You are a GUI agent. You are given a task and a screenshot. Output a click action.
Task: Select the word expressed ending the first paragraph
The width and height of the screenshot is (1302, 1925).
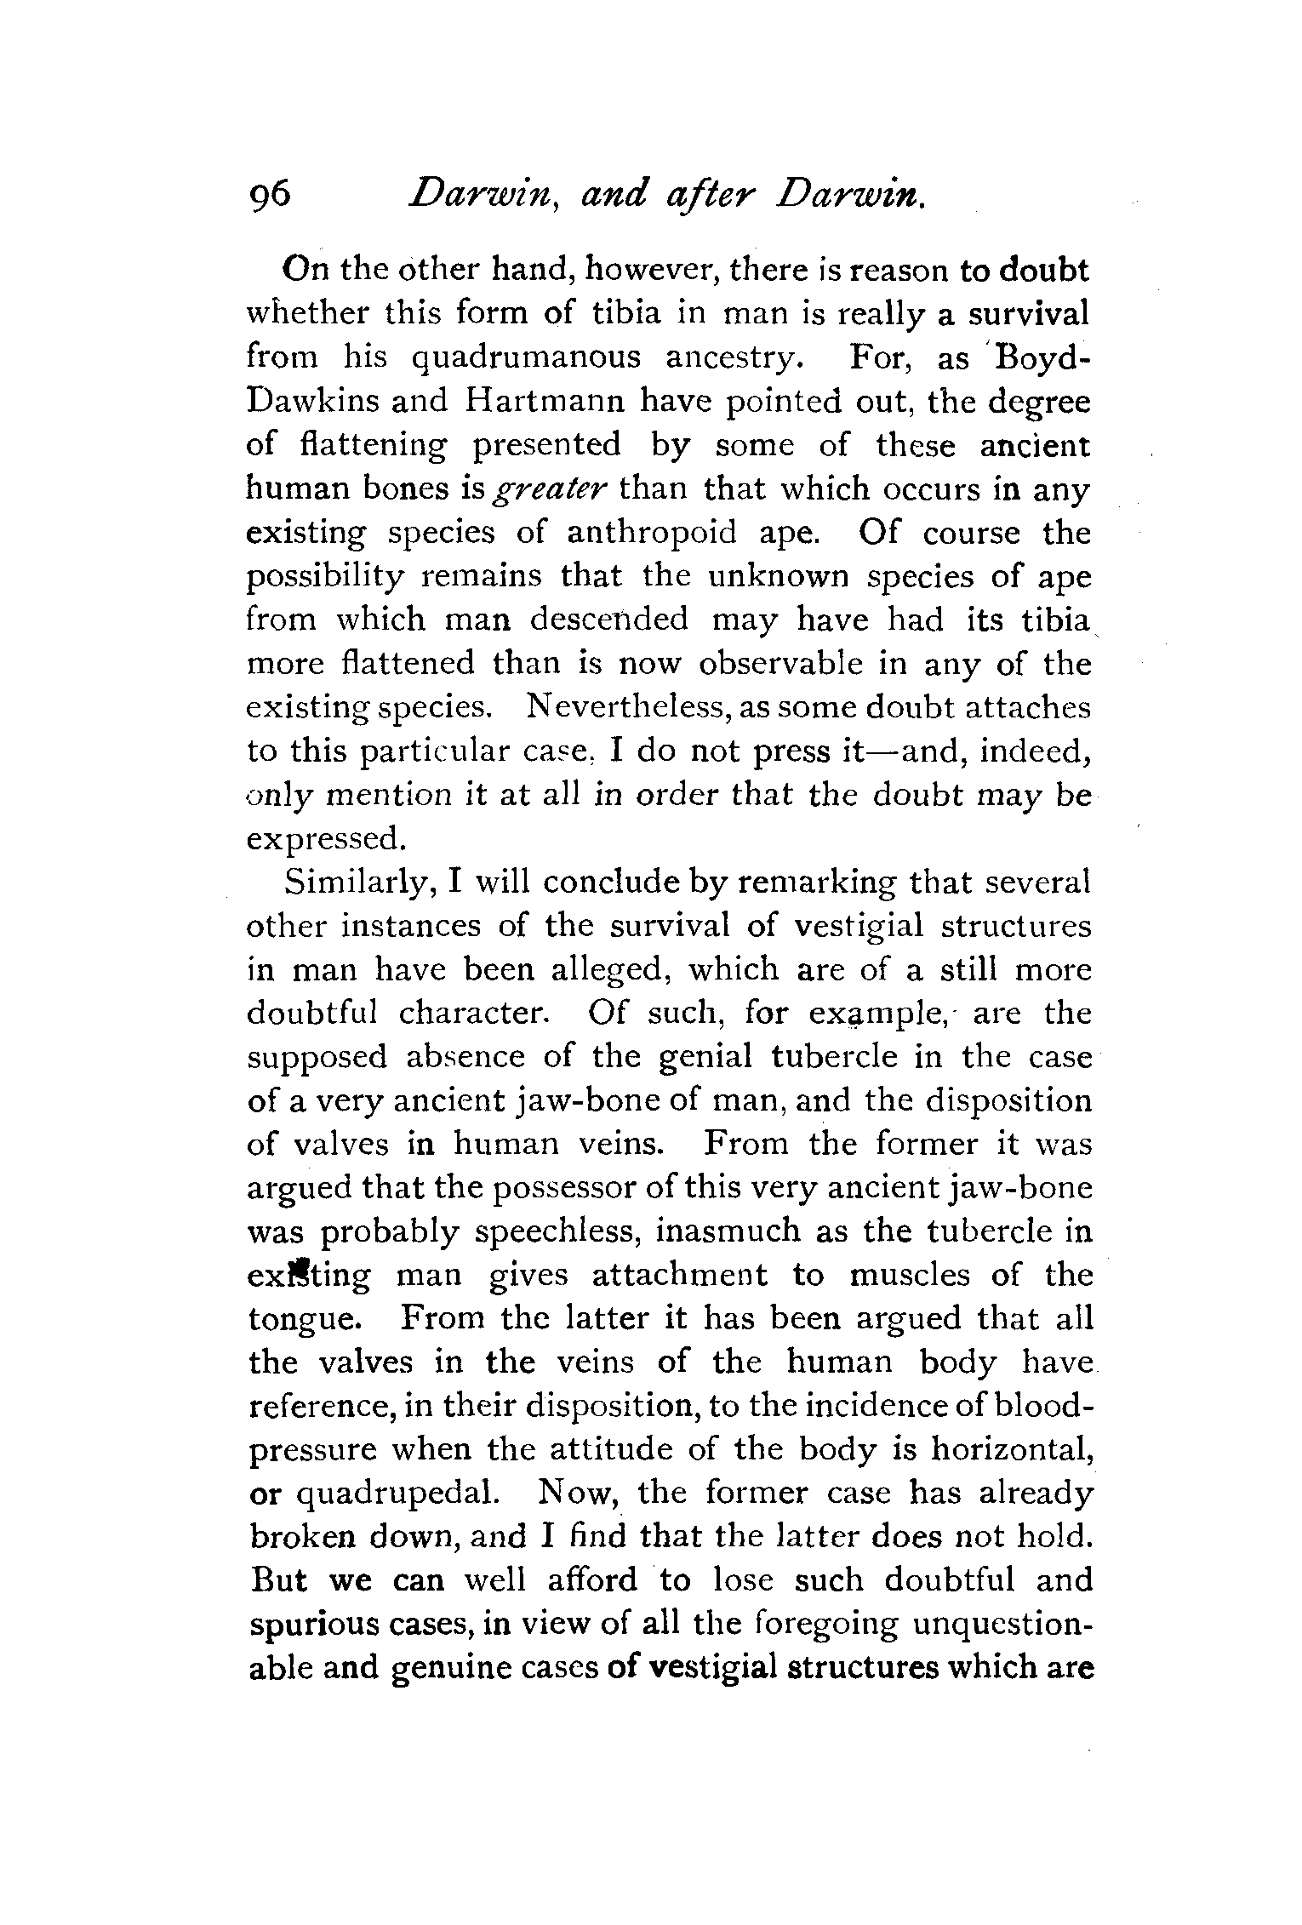323,840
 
